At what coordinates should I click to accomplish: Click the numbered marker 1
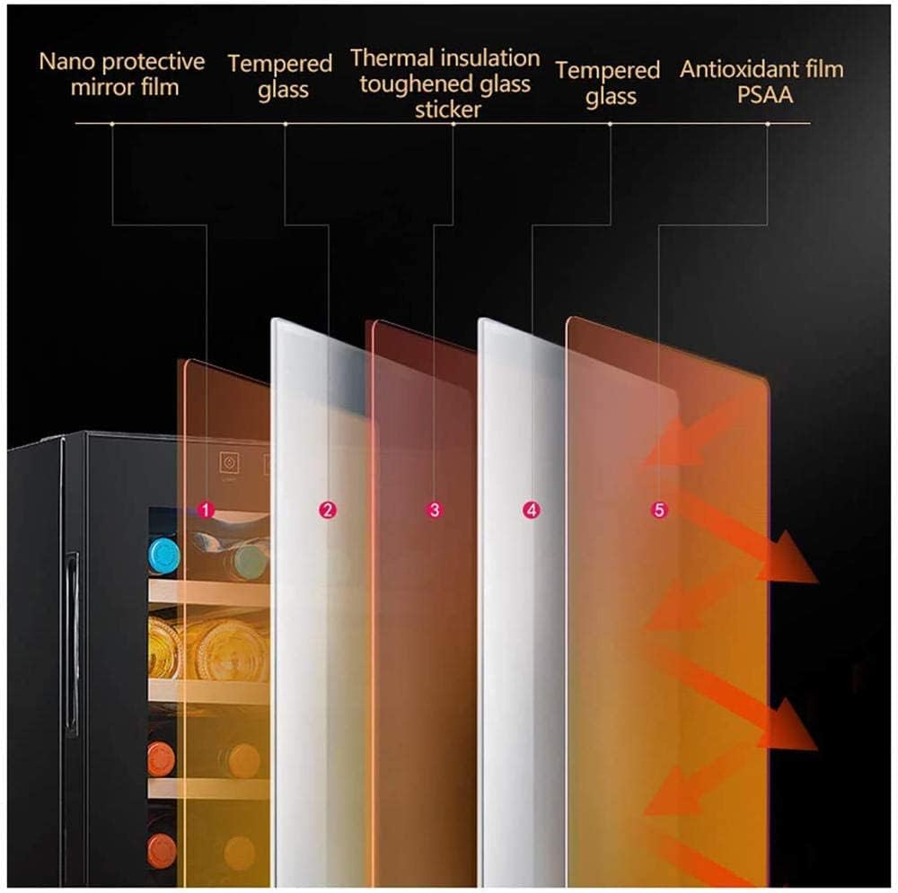(207, 510)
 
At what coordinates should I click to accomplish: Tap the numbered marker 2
(328, 510)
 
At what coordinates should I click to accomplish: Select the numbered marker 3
(435, 510)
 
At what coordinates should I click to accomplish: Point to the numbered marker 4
(532, 510)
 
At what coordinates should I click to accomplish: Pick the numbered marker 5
(659, 510)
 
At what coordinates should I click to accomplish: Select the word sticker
(448, 109)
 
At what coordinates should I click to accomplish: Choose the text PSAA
(765, 95)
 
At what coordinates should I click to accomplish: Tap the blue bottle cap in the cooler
(163, 555)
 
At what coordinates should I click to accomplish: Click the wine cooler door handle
(72, 643)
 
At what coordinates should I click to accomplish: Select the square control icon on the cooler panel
(229, 462)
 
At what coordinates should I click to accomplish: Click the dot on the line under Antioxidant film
(768, 124)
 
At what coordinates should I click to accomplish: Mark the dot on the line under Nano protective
(112, 124)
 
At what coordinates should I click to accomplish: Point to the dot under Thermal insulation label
(453, 124)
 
